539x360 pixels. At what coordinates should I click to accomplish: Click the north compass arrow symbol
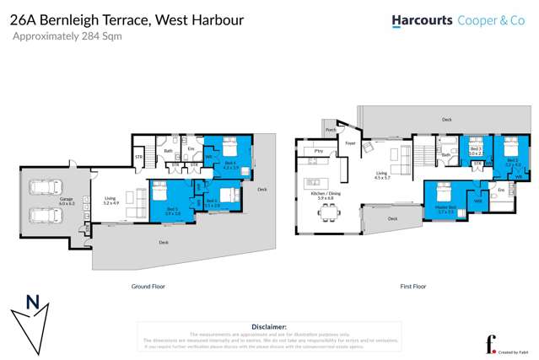click(x=32, y=320)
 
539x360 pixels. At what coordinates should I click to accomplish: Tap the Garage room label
click(x=67, y=201)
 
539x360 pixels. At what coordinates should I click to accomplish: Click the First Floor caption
click(x=412, y=287)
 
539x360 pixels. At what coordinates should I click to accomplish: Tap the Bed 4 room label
click(x=229, y=164)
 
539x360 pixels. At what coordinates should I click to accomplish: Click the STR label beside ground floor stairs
click(x=138, y=157)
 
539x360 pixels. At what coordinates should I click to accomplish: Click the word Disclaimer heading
click(x=269, y=326)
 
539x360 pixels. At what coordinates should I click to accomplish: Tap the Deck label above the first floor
click(x=446, y=120)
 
